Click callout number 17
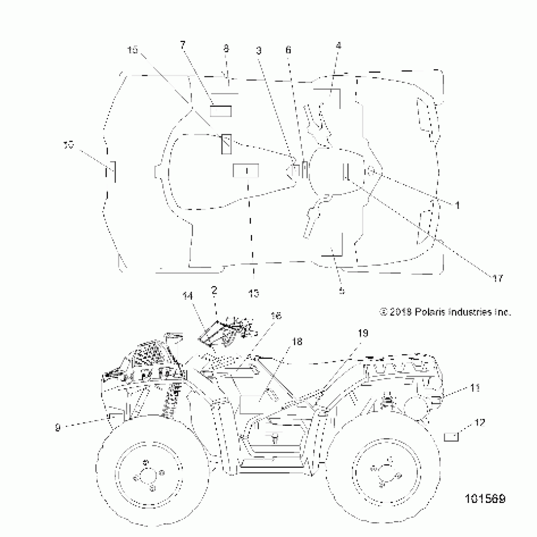pyautogui.click(x=497, y=278)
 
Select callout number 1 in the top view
pyautogui.click(x=457, y=205)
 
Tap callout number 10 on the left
pyautogui.click(x=69, y=146)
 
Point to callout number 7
pyautogui.click(x=183, y=45)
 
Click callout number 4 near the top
pyautogui.click(x=338, y=46)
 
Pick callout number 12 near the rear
pyautogui.click(x=480, y=423)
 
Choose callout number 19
pyautogui.click(x=363, y=333)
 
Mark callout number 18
pyautogui.click(x=297, y=342)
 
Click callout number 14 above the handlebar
pyautogui.click(x=187, y=296)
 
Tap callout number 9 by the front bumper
pyautogui.click(x=57, y=428)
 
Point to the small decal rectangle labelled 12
pyautogui.click(x=451, y=437)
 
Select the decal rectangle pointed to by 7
pyautogui.click(x=221, y=111)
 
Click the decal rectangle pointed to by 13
pyautogui.click(x=246, y=171)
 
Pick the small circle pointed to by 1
pyautogui.click(x=371, y=172)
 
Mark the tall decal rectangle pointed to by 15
pyautogui.click(x=226, y=144)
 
